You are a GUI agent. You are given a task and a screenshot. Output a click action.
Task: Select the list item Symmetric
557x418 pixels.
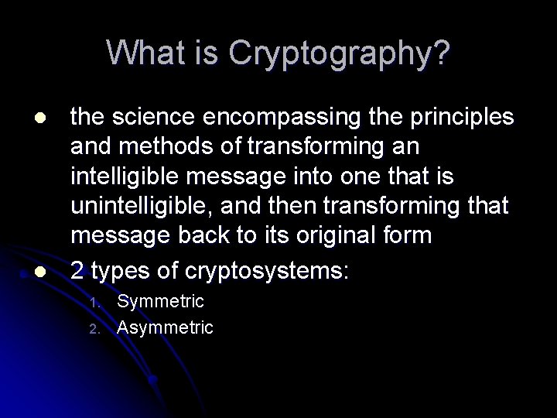point(160,300)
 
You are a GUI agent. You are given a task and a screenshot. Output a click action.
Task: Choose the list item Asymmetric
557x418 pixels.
point(164,327)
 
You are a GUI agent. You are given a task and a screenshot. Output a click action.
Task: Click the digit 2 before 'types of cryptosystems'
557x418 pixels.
point(77,272)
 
